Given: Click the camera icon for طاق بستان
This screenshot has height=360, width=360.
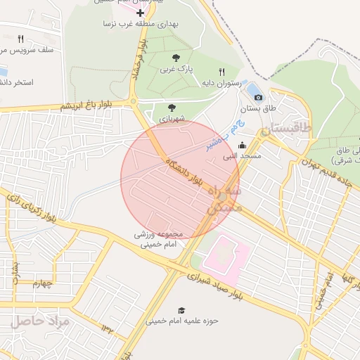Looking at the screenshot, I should pyautogui.click(x=258, y=97).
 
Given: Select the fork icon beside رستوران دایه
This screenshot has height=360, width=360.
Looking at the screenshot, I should pyautogui.click(x=222, y=72).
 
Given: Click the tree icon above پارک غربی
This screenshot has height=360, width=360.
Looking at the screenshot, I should pyautogui.click(x=175, y=58).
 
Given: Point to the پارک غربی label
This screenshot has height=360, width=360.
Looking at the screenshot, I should pyautogui.click(x=175, y=70).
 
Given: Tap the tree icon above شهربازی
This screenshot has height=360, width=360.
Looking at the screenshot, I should pyautogui.click(x=172, y=108).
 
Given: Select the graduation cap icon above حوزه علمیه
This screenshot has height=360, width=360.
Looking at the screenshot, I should pyautogui.click(x=181, y=309).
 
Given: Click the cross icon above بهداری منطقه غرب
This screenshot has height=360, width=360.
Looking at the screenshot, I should pyautogui.click(x=141, y=13).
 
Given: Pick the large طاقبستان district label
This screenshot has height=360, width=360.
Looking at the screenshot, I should pyautogui.click(x=285, y=130).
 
